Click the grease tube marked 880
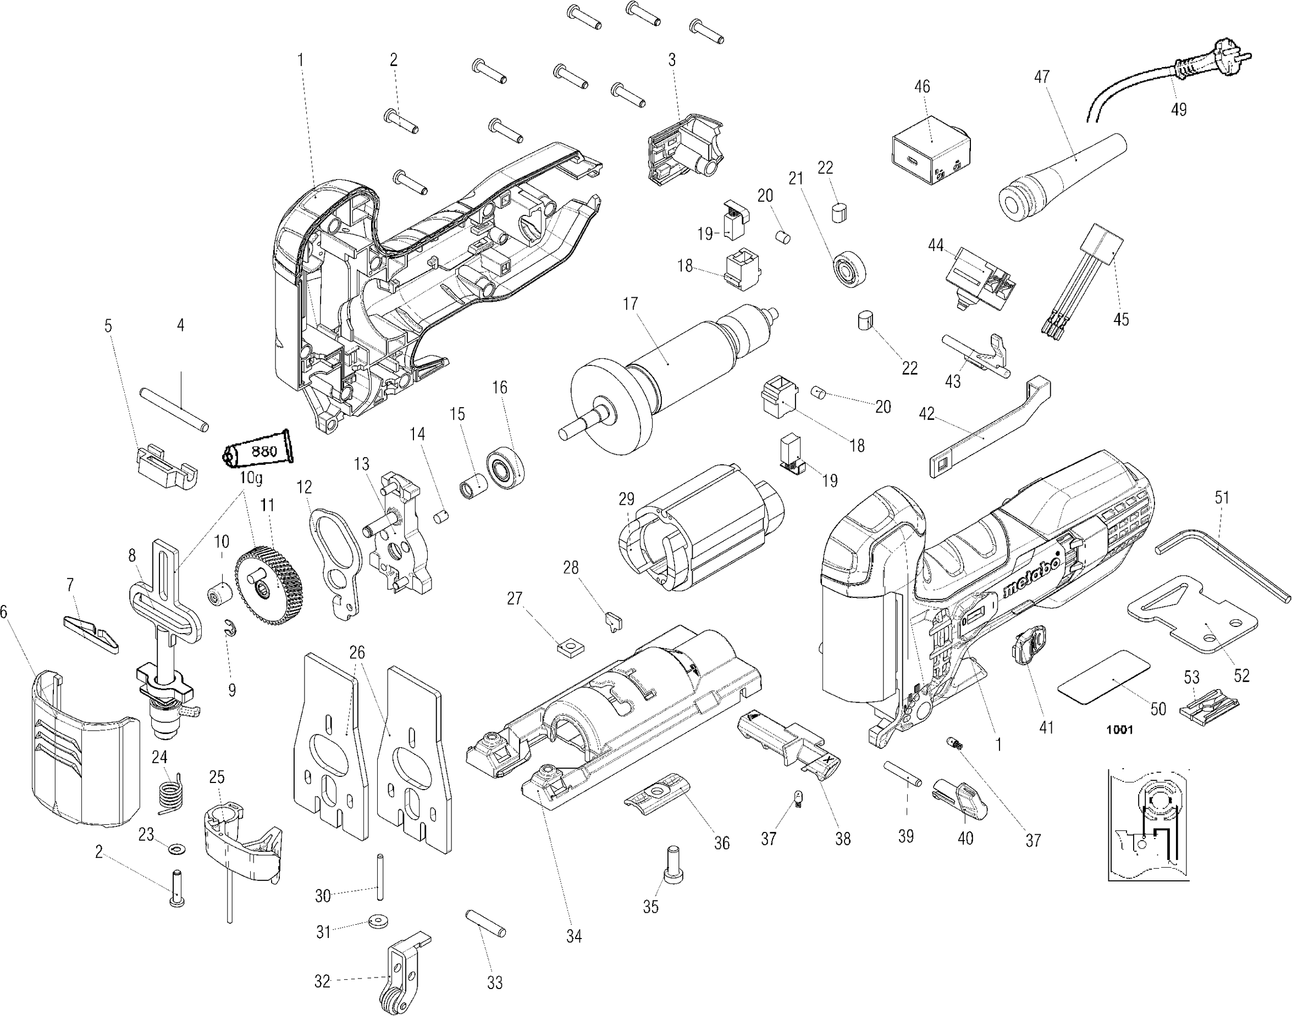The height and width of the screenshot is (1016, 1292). [x=260, y=451]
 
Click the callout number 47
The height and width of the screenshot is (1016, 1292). [x=1041, y=77]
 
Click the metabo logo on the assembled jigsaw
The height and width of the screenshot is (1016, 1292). [x=1031, y=577]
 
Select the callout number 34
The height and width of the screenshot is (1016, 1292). [x=573, y=936]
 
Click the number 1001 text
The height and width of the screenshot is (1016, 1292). [x=1119, y=730]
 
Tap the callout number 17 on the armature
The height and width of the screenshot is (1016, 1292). [x=630, y=304]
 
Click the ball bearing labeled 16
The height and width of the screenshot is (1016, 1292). [x=505, y=467]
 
